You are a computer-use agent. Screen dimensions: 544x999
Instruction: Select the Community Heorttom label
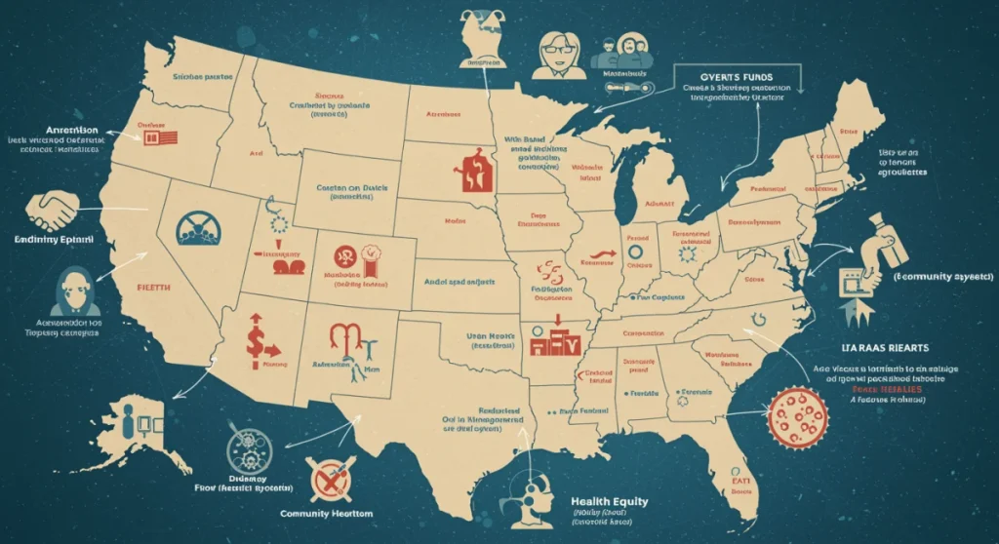pyautogui.click(x=328, y=514)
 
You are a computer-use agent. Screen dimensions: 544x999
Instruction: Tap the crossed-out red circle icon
pyautogui.click(x=328, y=480)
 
